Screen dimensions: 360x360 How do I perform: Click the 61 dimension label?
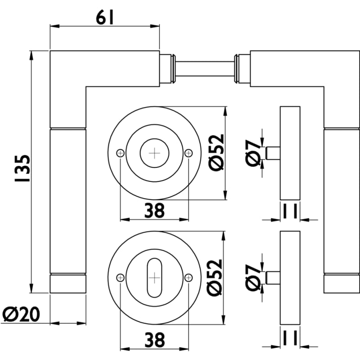(x=104, y=18)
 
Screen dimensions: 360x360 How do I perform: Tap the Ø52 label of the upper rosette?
(x=216, y=153)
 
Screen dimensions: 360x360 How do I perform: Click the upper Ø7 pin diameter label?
(x=253, y=153)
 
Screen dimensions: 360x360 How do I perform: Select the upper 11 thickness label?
(x=290, y=210)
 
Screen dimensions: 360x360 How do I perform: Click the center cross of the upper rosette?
(x=154, y=153)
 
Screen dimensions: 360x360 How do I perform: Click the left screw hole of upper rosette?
(x=120, y=153)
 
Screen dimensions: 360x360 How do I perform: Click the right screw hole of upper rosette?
(x=189, y=153)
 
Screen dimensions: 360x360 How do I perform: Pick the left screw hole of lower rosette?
(x=120, y=278)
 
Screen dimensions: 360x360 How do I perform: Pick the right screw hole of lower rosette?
(x=189, y=278)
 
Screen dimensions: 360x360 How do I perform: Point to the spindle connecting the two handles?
(x=205, y=68)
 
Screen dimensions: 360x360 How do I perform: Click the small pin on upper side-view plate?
(x=273, y=153)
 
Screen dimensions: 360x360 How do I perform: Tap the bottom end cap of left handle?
(x=67, y=283)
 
